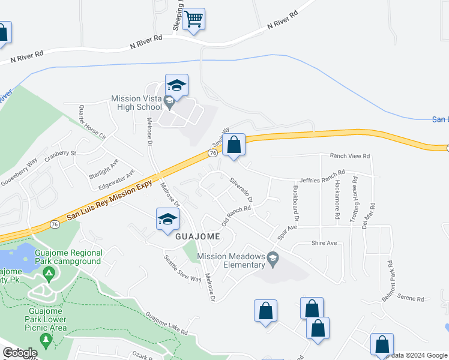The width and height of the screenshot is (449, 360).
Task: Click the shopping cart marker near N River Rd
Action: coord(193,19)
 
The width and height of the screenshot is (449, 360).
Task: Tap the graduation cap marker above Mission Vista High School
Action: coord(176,86)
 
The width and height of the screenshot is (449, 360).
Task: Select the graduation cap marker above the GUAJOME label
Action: coord(167,220)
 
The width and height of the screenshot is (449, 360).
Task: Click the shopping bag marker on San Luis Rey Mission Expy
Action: coord(234,145)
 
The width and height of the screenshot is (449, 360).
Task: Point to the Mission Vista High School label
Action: coord(136,103)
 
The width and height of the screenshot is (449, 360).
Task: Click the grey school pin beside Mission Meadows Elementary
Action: coord(273,260)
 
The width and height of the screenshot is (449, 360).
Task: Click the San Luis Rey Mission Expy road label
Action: coord(107,198)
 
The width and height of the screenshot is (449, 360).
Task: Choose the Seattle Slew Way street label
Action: coord(182,269)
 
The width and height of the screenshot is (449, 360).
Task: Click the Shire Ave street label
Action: coord(324,243)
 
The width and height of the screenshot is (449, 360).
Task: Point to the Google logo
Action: coord(20,353)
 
